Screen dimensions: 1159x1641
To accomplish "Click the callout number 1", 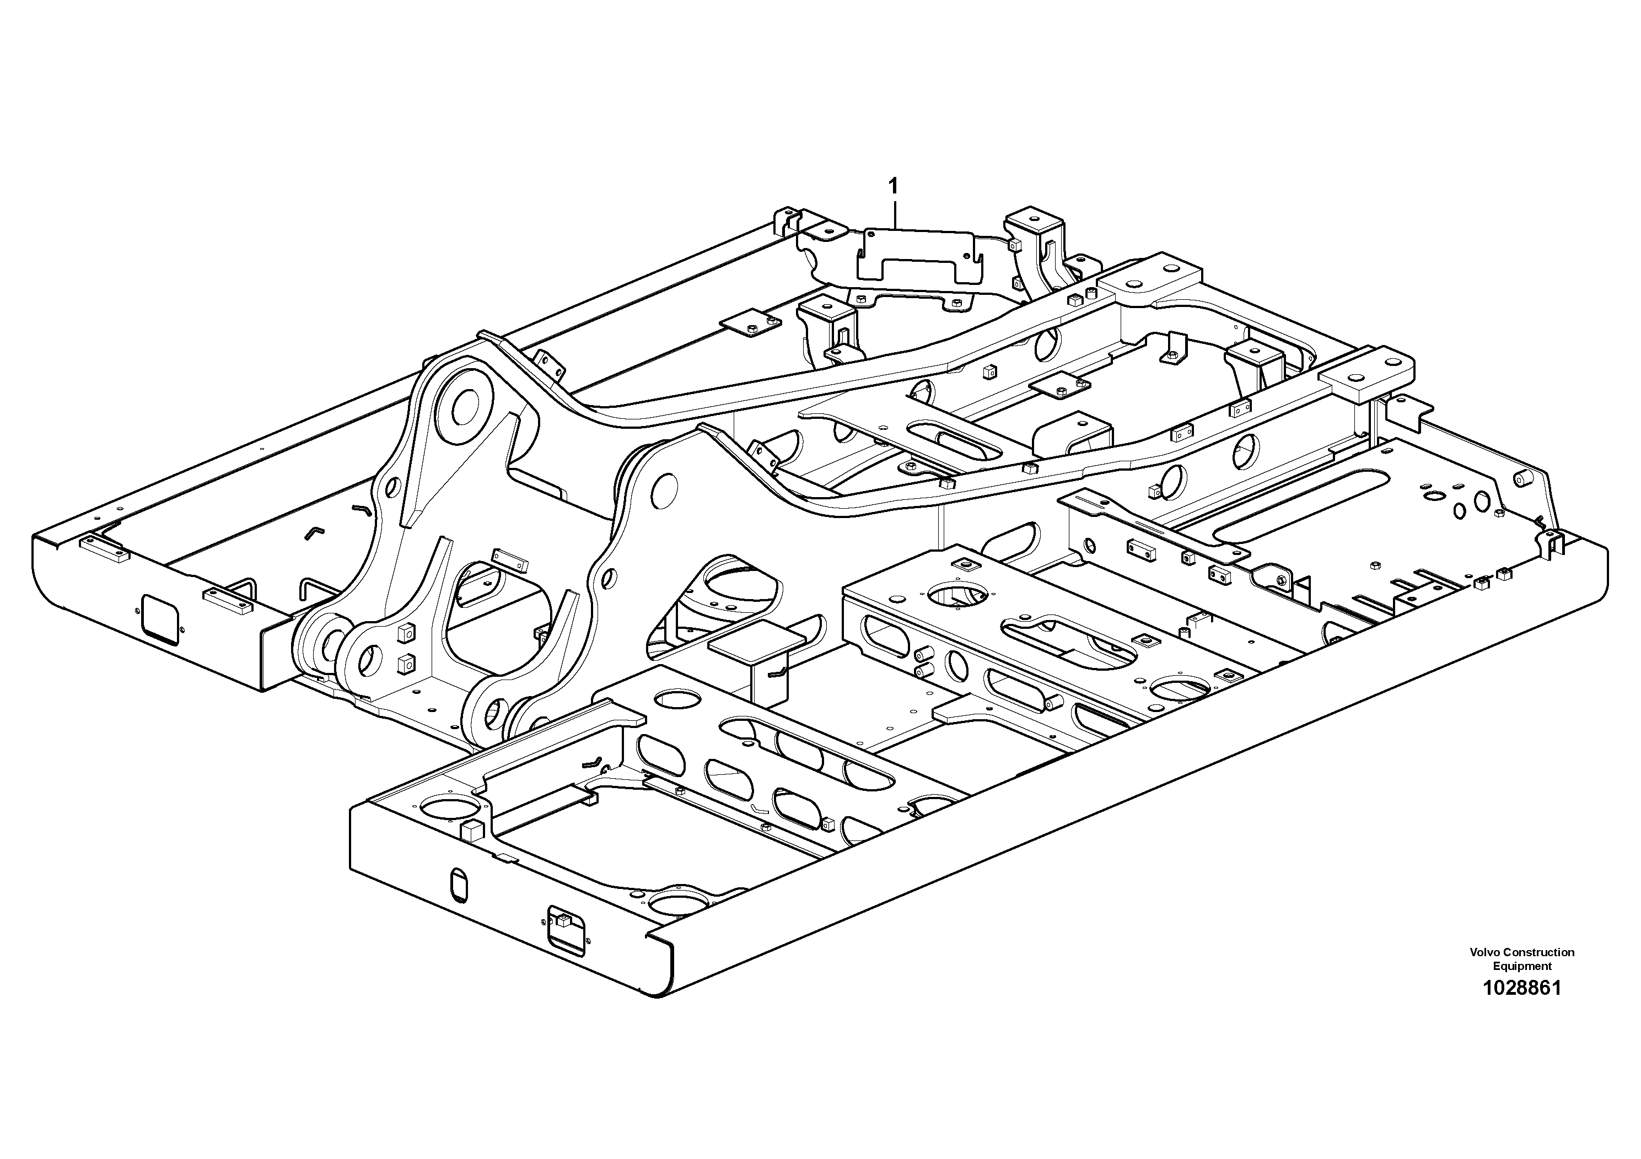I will point(892,186).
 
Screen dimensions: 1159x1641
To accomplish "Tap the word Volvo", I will point(1485,952).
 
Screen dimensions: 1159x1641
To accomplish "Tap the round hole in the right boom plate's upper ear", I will point(664,489).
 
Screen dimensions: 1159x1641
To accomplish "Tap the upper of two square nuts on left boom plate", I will point(405,631).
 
